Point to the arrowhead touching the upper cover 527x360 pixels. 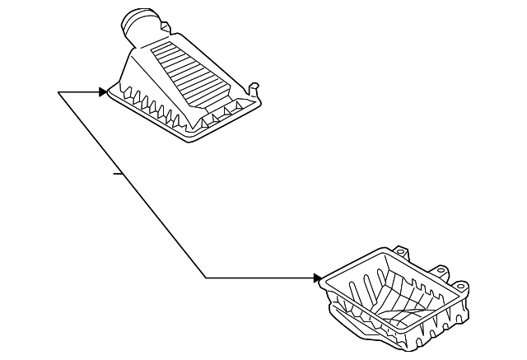103,92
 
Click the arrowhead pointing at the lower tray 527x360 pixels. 318,278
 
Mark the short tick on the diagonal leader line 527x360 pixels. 119,174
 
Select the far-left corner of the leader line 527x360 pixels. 58,92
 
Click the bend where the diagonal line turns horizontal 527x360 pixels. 205,278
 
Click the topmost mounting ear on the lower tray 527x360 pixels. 403,249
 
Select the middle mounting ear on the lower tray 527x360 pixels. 441,269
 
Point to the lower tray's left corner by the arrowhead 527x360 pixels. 325,280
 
